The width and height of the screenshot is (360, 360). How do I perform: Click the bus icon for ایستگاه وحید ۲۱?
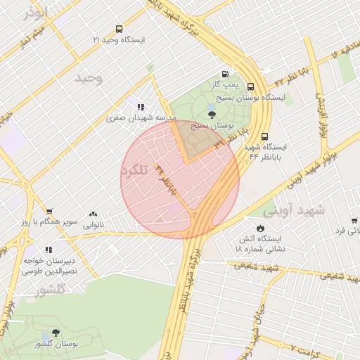pyautogui.click(x=118, y=30)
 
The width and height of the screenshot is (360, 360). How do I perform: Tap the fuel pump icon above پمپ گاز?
pyautogui.click(x=225, y=74)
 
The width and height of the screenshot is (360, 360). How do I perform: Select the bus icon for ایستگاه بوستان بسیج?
pyautogui.click(x=251, y=86)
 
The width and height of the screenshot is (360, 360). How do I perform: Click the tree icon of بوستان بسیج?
pyautogui.click(x=212, y=115)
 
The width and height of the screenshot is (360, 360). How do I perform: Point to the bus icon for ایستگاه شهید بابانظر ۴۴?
pyautogui.click(x=264, y=136)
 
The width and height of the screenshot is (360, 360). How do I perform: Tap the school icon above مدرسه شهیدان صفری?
pyautogui.click(x=141, y=108)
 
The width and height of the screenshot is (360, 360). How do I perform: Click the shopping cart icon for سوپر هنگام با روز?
pyautogui.click(x=49, y=211)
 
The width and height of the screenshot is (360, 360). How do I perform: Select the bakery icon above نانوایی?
pyautogui.click(x=93, y=214)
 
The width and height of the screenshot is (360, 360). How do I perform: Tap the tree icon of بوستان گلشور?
pyautogui.click(x=56, y=333)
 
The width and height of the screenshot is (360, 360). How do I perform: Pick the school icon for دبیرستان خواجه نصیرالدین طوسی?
pyautogui.click(x=48, y=250)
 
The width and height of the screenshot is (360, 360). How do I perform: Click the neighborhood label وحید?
pyautogui.click(x=89, y=78)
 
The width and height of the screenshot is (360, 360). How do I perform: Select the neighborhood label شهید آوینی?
pyautogui.click(x=295, y=210)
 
